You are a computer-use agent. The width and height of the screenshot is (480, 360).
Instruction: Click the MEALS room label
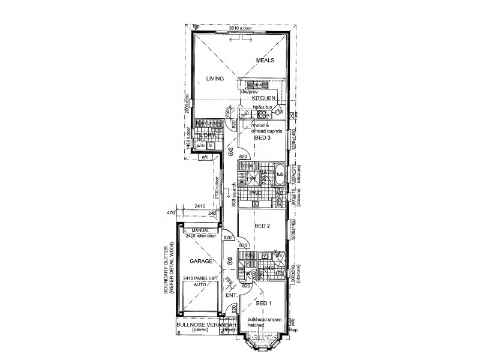(265, 61)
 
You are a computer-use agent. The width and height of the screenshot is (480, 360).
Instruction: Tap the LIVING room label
(214, 79)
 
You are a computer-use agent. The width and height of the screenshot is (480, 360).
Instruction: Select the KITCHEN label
(263, 98)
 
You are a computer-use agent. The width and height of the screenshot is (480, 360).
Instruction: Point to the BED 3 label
(263, 137)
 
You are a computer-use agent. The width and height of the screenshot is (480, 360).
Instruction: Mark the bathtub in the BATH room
(280, 173)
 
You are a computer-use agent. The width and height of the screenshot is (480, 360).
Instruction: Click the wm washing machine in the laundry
(200, 145)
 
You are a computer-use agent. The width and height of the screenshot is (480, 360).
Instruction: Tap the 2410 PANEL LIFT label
(200, 279)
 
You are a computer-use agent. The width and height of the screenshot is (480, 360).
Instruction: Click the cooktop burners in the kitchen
(262, 113)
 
